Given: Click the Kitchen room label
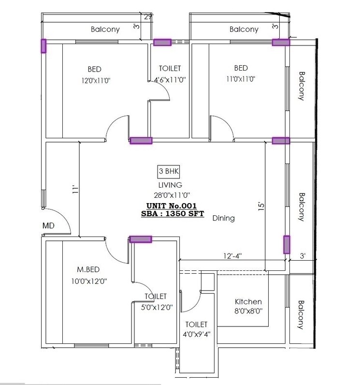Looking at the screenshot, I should coord(248,301).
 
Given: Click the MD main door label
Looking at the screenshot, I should coord(48,225).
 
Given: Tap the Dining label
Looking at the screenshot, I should coord(223,218).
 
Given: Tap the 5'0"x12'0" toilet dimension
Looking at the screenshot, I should coord(156,306).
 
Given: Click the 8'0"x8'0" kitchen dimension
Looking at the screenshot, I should coord(248,311).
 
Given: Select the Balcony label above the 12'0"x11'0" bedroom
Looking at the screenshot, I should coord(105,30).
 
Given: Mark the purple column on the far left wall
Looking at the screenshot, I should coord(43,46).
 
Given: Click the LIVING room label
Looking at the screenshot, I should coord(170,185).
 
